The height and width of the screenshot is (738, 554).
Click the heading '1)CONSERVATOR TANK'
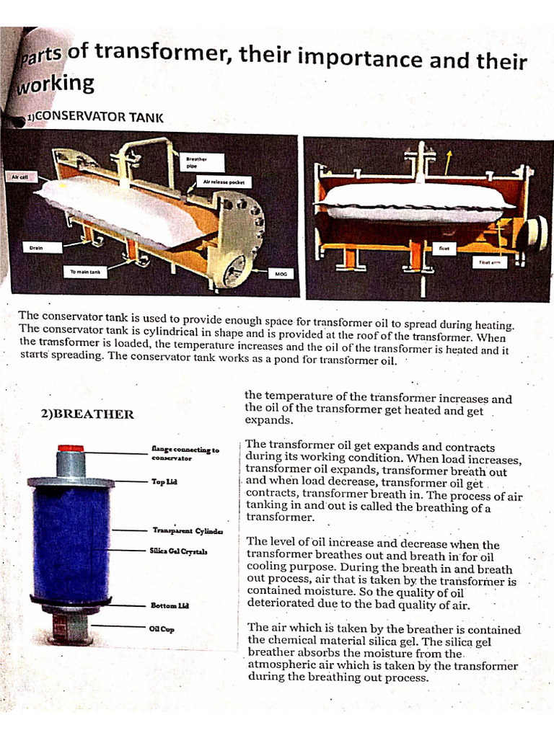(94, 117)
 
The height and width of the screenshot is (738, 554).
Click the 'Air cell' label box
(17, 176)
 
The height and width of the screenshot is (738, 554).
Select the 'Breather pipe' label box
(196, 162)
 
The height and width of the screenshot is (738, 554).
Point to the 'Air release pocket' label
(224, 182)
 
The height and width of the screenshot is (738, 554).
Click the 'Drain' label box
(36, 248)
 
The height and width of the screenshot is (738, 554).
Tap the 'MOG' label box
(281, 275)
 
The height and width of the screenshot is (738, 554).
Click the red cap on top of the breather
(71, 448)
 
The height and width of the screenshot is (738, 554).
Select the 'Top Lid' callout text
(163, 481)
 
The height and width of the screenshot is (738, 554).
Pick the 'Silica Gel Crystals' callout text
(179, 551)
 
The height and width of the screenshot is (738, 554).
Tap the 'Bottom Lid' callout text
(170, 605)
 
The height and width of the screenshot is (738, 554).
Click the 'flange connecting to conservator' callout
(185, 453)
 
